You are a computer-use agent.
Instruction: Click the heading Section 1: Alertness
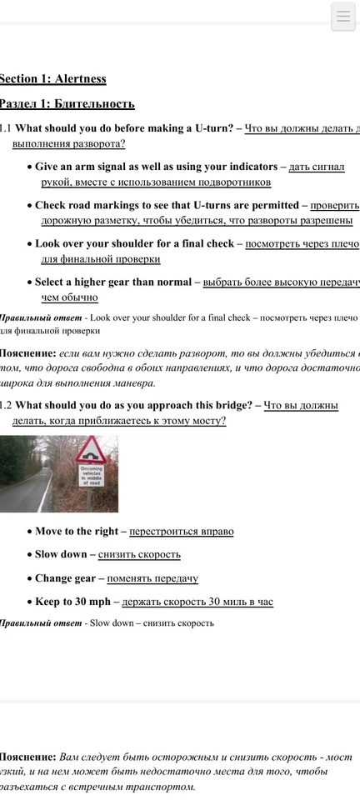52,78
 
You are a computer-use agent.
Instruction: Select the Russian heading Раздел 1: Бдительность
66,103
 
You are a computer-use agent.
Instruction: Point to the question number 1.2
5,405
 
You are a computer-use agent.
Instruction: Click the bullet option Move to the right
80,531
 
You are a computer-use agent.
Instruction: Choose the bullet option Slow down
61,554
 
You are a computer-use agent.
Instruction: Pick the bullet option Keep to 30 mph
72,602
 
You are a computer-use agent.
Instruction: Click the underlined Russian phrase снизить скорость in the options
139,554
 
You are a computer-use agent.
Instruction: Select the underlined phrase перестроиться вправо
181,531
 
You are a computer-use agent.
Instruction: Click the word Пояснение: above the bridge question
27,353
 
